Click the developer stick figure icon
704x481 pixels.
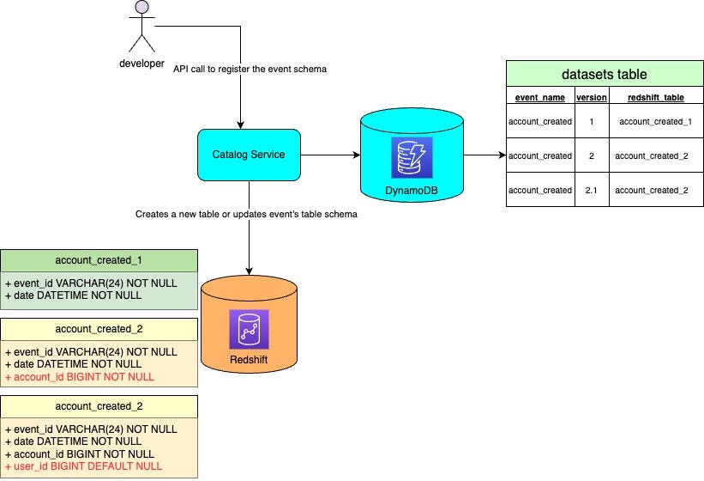click(x=140, y=27)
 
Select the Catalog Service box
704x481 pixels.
click(x=249, y=155)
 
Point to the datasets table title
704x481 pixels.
click(x=604, y=74)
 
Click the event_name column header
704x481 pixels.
click(x=539, y=98)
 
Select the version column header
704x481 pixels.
click(x=591, y=98)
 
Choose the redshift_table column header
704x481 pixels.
click(x=655, y=98)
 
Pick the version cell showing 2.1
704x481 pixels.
click(x=591, y=190)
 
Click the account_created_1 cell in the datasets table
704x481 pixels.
click(x=655, y=122)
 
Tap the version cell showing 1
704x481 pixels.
click(x=591, y=122)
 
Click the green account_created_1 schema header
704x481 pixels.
click(x=99, y=260)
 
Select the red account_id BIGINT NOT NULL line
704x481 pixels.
click(x=80, y=376)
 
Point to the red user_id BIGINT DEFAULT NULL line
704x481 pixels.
click(x=84, y=466)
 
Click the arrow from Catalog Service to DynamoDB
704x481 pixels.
click(x=329, y=155)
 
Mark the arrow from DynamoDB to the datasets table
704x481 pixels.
click(x=484, y=155)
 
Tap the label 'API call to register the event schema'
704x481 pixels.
click(x=250, y=69)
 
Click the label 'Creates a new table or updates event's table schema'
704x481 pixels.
click(x=246, y=214)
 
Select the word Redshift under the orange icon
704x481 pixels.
click(x=249, y=358)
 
